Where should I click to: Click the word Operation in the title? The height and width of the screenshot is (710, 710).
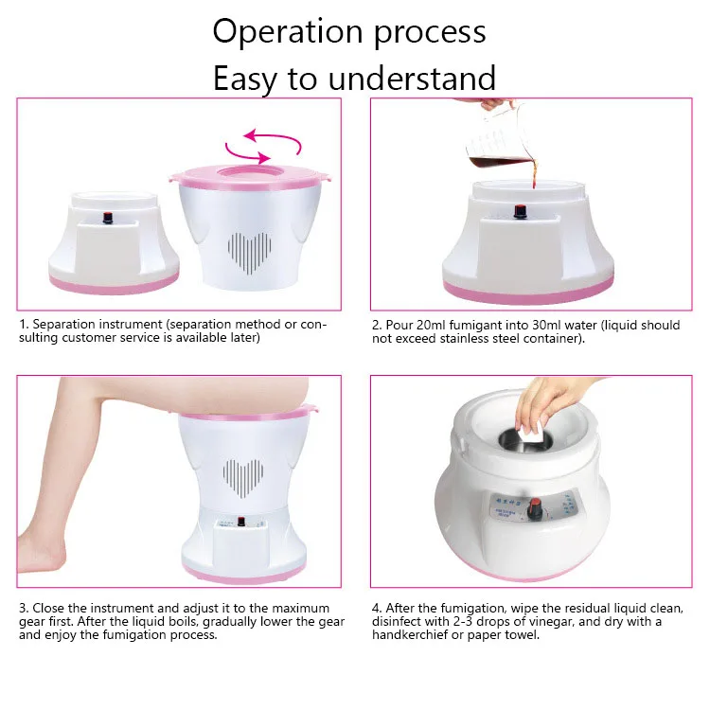click(x=288, y=31)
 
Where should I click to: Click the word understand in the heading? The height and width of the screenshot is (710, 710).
click(x=412, y=79)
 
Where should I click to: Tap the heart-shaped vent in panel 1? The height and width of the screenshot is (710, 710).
click(x=250, y=253)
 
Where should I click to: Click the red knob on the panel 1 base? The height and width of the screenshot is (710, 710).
click(x=108, y=218)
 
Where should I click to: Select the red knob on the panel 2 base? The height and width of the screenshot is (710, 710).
click(x=521, y=211)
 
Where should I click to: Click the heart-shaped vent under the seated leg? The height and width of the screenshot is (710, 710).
click(x=243, y=479)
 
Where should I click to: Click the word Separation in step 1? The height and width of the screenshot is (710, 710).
click(x=63, y=324)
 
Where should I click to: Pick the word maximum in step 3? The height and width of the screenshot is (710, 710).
click(x=301, y=608)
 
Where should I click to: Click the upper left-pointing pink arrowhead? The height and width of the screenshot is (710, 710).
click(x=251, y=135)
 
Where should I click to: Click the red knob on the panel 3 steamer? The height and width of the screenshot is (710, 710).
click(x=241, y=522)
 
